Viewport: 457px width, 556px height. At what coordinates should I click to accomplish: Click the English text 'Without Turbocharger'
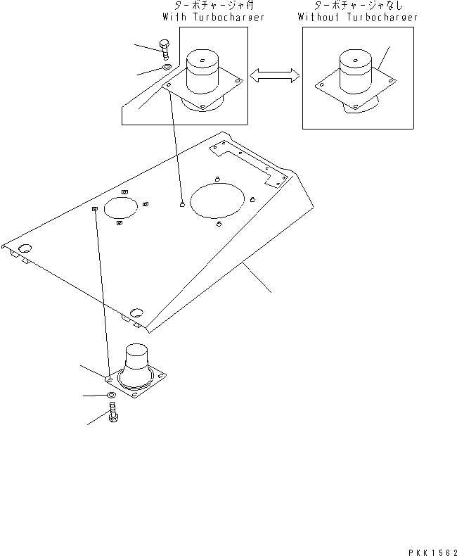pos(357,17)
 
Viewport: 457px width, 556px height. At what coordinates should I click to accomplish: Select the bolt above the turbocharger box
pos(165,49)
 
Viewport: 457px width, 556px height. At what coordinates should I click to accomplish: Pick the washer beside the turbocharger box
pos(167,68)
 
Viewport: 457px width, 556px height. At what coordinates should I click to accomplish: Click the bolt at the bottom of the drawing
pos(114,415)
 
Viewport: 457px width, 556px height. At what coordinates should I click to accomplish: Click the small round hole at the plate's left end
pos(25,248)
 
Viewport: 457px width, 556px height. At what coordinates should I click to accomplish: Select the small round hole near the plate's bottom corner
pos(136,310)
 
